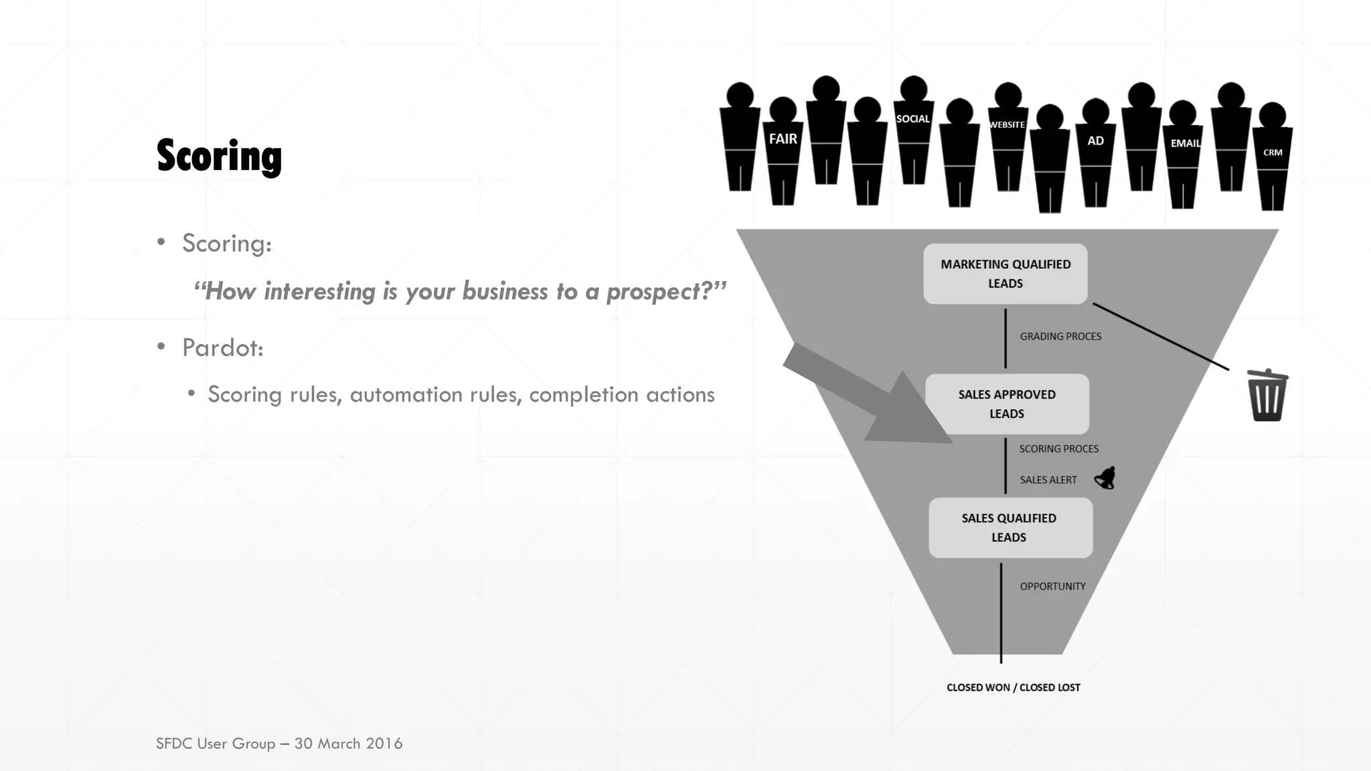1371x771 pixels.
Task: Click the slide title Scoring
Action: click(x=219, y=156)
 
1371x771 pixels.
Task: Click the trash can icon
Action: click(x=1267, y=396)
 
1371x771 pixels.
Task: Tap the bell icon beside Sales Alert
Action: click(x=1105, y=479)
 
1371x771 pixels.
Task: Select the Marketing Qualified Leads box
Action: click(x=1005, y=274)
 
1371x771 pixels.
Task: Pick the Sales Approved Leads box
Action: click(x=1007, y=404)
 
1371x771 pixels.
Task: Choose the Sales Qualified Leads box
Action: click(x=1010, y=527)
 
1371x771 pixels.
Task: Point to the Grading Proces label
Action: click(x=1060, y=337)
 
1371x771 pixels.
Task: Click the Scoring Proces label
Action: click(x=1058, y=449)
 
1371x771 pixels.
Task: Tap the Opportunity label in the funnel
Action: click(x=1052, y=586)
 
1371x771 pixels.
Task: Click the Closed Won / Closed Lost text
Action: click(x=1013, y=687)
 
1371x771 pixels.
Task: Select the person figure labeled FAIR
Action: click(x=783, y=151)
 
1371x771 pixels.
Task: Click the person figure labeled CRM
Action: click(x=1272, y=157)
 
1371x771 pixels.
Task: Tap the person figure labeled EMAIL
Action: click(x=1183, y=154)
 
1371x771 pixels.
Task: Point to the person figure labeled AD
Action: click(x=1095, y=151)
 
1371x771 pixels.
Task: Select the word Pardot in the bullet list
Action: click(x=222, y=348)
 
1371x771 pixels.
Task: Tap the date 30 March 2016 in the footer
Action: click(x=348, y=744)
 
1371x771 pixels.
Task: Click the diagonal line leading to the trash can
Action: click(x=1161, y=337)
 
